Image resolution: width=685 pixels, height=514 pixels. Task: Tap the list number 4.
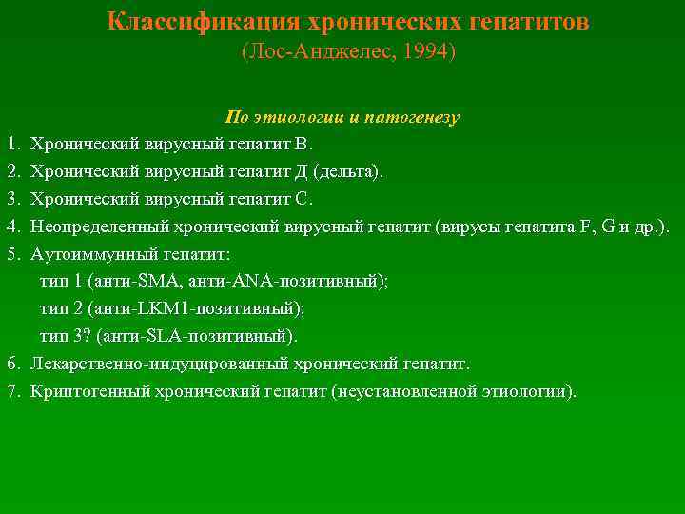click(12, 227)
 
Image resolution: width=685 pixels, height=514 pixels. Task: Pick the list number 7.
click(12, 391)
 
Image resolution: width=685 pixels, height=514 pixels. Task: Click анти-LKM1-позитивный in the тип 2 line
click(194, 309)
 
